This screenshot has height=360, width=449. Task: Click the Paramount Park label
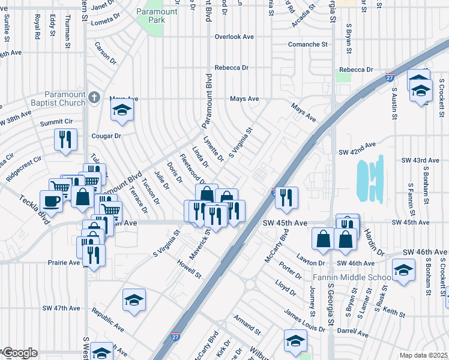(x=157, y=16)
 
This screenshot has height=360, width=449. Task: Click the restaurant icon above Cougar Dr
(x=65, y=139)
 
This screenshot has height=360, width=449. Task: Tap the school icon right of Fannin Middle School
(x=403, y=271)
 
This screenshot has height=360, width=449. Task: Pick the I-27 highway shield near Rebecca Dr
(x=390, y=77)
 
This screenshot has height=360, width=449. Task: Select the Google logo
(x=19, y=353)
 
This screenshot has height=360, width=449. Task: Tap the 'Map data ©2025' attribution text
(x=423, y=355)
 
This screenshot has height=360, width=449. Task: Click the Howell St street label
(x=189, y=269)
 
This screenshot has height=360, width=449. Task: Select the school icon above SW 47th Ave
(x=134, y=300)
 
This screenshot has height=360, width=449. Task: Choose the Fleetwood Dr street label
(x=192, y=171)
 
